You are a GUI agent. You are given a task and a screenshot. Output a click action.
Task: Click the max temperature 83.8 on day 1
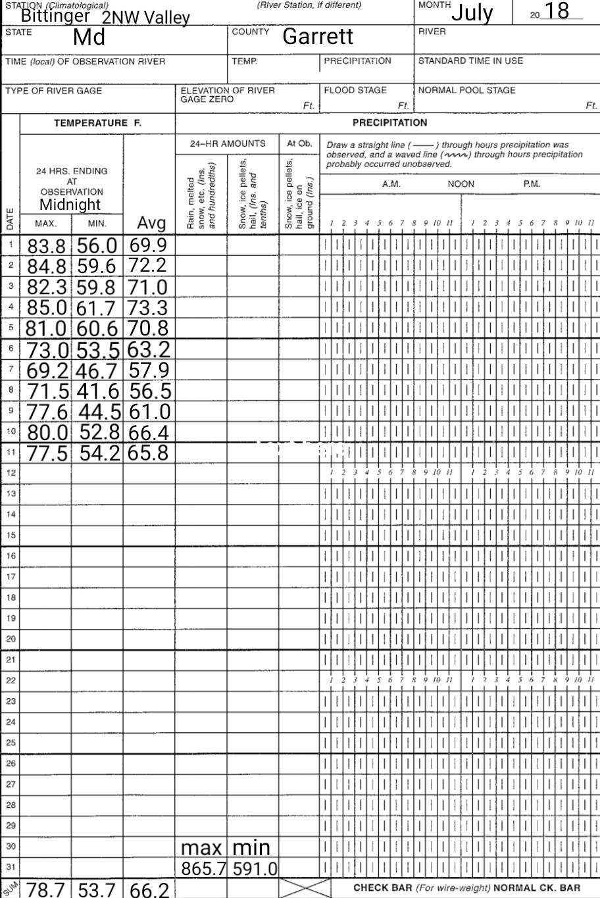[47, 246]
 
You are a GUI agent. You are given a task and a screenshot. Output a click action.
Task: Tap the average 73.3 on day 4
[148, 308]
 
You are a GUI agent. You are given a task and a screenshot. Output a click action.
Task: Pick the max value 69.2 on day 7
[47, 370]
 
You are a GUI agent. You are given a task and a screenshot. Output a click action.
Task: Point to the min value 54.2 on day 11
[100, 453]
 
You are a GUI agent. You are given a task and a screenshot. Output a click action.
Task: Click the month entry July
[472, 12]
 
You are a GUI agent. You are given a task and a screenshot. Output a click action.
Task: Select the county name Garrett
[318, 37]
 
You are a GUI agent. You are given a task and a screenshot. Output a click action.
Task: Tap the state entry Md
[89, 37]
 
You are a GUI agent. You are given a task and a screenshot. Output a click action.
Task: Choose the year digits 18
[553, 11]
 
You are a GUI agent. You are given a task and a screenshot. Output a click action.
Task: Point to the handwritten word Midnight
[70, 205]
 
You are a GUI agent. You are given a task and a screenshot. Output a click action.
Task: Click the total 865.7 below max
[203, 869]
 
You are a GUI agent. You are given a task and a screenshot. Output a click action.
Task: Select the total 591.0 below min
[255, 869]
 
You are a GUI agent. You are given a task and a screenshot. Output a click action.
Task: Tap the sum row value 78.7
[47, 890]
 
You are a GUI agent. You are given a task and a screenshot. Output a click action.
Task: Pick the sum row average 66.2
[149, 890]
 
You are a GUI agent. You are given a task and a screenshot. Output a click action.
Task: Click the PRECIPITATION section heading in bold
[389, 122]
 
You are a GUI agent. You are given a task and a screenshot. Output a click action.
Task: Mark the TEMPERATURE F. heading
[97, 123]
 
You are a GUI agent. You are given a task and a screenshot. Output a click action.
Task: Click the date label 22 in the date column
[11, 680]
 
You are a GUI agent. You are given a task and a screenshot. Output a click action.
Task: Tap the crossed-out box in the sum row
[305, 888]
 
